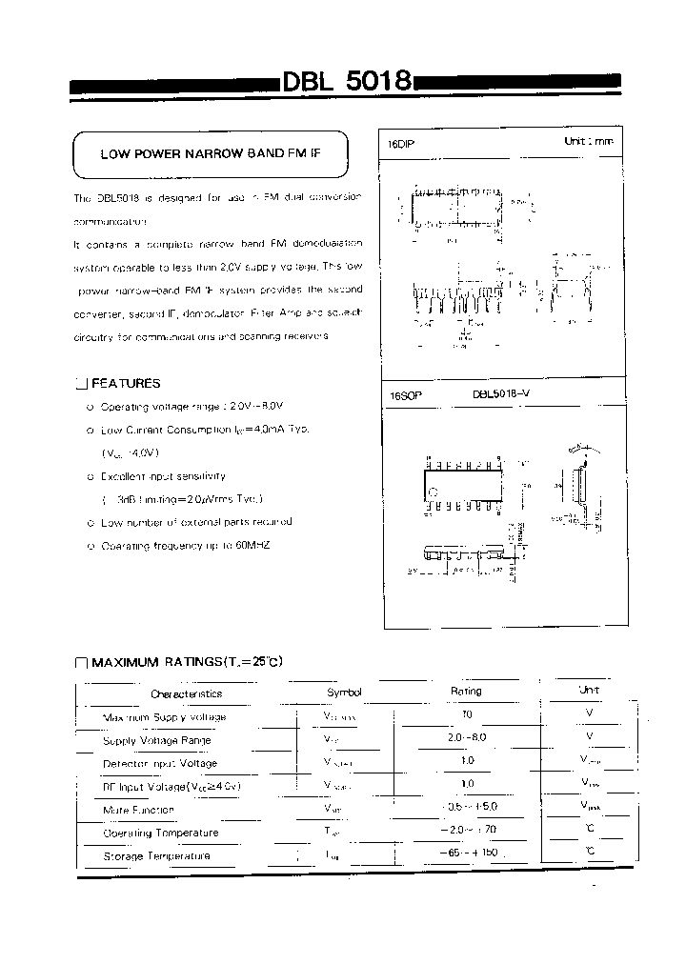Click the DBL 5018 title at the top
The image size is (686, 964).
346,82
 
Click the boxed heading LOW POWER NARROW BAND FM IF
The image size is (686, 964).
210,153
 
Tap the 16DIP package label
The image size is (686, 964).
401,143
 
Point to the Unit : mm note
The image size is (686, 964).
589,141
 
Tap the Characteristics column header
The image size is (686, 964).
186,694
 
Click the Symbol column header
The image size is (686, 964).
344,693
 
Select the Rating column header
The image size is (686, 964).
466,692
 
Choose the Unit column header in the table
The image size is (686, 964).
589,690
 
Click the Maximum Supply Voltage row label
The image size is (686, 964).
164,717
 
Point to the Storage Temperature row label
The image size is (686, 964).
156,856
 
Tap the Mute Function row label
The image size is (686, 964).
138,810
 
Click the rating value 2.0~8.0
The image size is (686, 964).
466,737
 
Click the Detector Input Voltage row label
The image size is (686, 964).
159,763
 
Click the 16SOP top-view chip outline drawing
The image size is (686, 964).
462,484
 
